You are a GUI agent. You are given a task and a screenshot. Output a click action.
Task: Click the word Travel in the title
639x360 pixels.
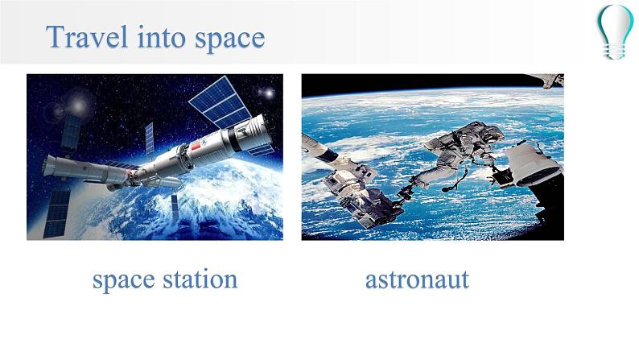click(x=86, y=36)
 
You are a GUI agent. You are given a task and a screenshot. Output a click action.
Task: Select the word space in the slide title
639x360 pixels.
click(x=230, y=39)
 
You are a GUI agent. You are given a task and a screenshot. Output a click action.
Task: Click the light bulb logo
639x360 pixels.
click(x=616, y=31)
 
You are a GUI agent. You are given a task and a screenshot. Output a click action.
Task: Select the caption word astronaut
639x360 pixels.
click(x=417, y=279)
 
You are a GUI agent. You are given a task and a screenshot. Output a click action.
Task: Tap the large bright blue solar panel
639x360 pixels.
click(x=220, y=102)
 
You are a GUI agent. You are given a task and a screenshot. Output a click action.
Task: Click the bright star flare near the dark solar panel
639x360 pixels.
click(x=79, y=106)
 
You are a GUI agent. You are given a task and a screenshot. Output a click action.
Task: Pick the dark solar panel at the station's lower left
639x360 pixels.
click(x=56, y=213)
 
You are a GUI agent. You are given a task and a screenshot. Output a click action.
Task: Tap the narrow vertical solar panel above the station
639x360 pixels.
click(x=150, y=138)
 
